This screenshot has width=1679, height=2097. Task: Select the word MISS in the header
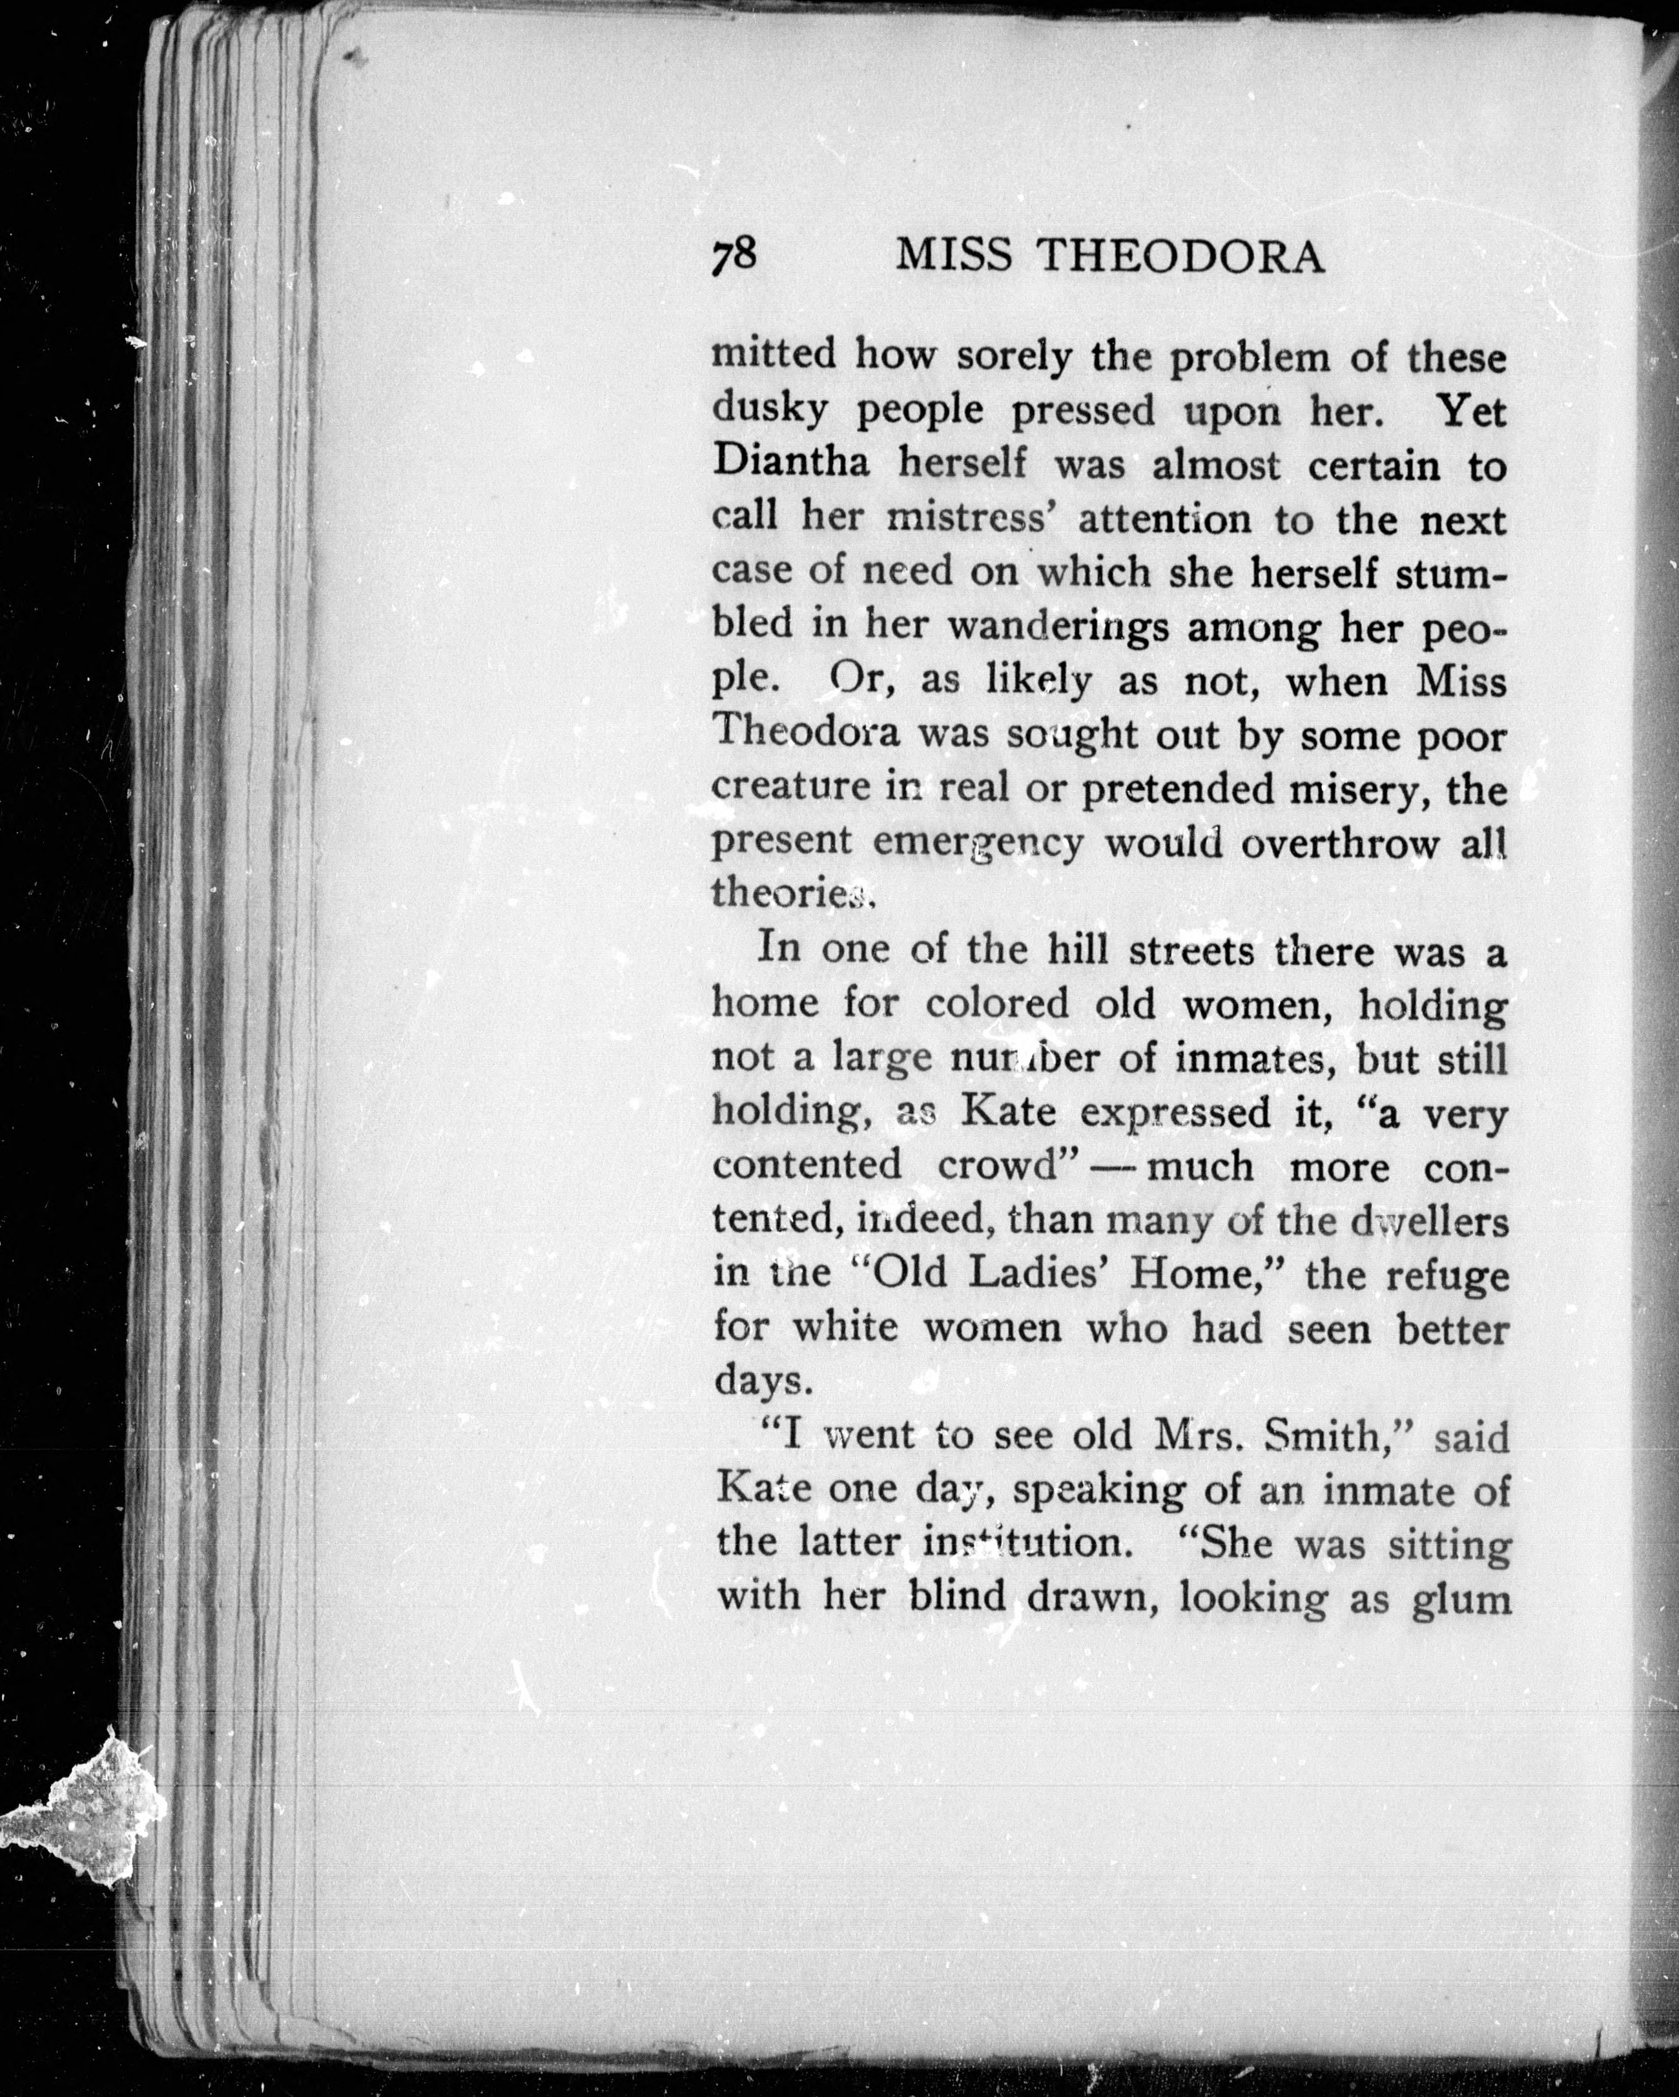pos(955,257)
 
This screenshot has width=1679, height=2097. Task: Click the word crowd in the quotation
pos(996,1165)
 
